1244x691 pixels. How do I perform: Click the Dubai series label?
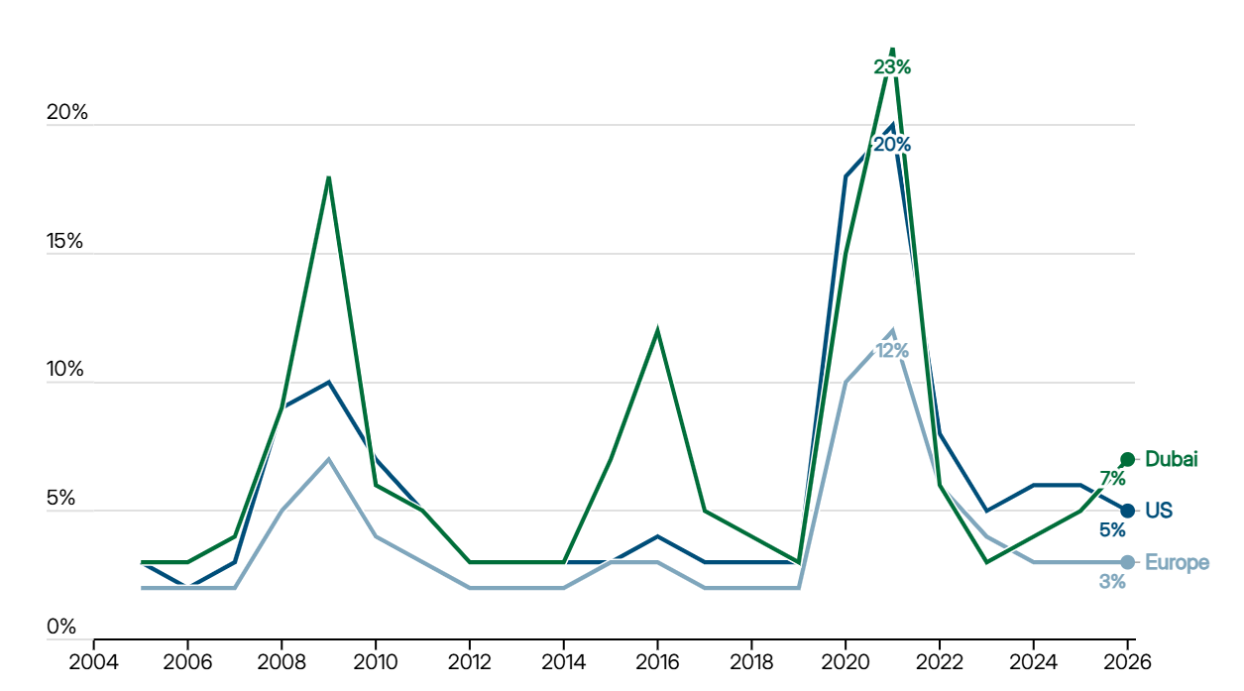(1172, 459)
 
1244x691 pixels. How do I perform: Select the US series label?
(1159, 511)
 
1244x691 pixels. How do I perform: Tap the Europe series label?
(1177, 562)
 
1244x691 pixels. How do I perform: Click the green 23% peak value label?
(892, 67)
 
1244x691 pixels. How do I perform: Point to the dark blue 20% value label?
(892, 145)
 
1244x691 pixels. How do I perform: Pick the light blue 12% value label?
(892, 351)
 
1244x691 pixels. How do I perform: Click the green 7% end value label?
(1112, 478)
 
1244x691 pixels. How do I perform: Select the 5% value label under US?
(1112, 530)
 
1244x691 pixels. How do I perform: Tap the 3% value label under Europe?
(1112, 582)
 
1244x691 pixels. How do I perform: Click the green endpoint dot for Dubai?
(1127, 459)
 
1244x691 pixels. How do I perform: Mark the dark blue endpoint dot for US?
(1127, 511)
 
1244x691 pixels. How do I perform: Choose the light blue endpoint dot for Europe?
(1127, 562)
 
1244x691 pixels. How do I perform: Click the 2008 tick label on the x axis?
(282, 662)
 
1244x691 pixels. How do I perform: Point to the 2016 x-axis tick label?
(657, 662)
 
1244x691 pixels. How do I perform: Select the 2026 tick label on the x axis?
(1127, 662)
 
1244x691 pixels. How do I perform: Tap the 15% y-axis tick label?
(65, 241)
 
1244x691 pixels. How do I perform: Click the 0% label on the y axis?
(61, 627)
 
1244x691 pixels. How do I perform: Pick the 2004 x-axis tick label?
(93, 662)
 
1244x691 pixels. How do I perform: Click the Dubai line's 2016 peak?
(657, 331)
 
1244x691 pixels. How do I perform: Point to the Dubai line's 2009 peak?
(329, 177)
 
